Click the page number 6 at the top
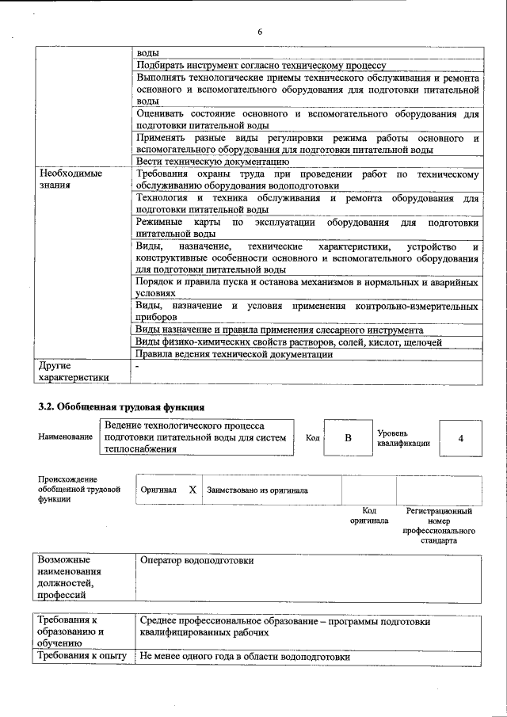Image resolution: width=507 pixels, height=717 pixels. [x=259, y=32]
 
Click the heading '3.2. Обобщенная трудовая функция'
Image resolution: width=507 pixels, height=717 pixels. [x=116, y=407]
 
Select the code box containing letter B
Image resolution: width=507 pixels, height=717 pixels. [x=347, y=437]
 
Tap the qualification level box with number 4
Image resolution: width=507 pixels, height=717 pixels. [x=460, y=437]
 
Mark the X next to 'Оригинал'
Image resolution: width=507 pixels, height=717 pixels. [x=193, y=490]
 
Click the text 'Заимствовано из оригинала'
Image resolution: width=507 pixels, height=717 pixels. [x=257, y=490]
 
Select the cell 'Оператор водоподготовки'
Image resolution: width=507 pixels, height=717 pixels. [x=196, y=561]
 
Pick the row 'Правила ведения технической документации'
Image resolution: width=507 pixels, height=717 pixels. [x=234, y=354]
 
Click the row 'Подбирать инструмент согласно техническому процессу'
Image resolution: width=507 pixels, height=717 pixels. [x=261, y=65]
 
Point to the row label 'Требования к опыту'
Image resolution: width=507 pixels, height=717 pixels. [x=82, y=657]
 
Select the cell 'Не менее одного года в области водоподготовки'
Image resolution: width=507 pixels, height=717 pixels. [x=245, y=657]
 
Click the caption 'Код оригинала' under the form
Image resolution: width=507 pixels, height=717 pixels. [x=369, y=516]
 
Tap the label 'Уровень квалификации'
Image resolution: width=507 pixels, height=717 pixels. [x=403, y=438]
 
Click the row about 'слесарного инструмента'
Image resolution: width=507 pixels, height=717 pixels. [x=279, y=330]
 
